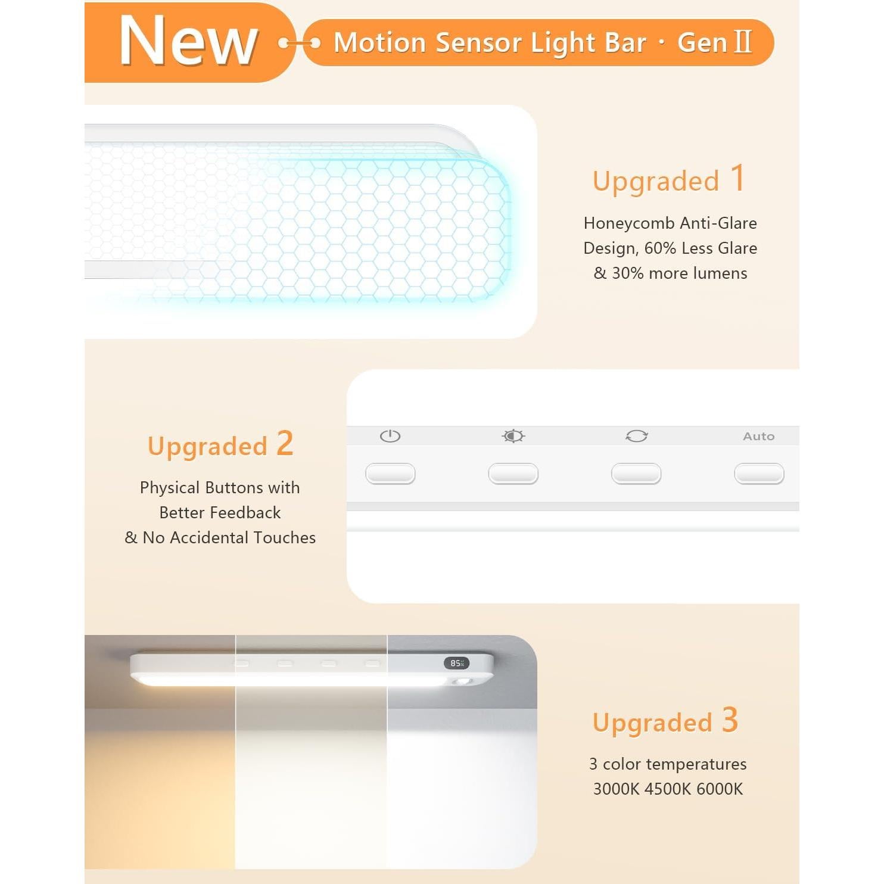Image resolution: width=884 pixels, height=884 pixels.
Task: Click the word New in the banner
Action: point(188,41)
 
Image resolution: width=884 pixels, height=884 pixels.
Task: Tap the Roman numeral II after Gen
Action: point(743,42)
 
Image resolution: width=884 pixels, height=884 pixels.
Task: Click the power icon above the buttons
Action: point(390,436)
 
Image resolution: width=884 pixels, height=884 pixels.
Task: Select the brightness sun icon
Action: point(513,436)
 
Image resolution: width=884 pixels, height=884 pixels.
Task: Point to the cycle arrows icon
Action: point(636,436)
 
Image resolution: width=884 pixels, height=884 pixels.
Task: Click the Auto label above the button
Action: point(758,436)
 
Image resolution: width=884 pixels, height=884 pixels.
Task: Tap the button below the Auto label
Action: point(759,474)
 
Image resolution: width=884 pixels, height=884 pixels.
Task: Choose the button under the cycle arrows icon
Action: point(636,474)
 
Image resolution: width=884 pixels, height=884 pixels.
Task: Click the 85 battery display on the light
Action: point(456,663)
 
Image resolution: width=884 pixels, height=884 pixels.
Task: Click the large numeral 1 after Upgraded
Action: point(737,178)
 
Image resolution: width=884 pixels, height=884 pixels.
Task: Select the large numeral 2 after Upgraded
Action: point(285,444)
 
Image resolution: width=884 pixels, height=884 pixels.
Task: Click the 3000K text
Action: point(616,789)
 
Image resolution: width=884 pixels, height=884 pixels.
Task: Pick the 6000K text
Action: point(720,789)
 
